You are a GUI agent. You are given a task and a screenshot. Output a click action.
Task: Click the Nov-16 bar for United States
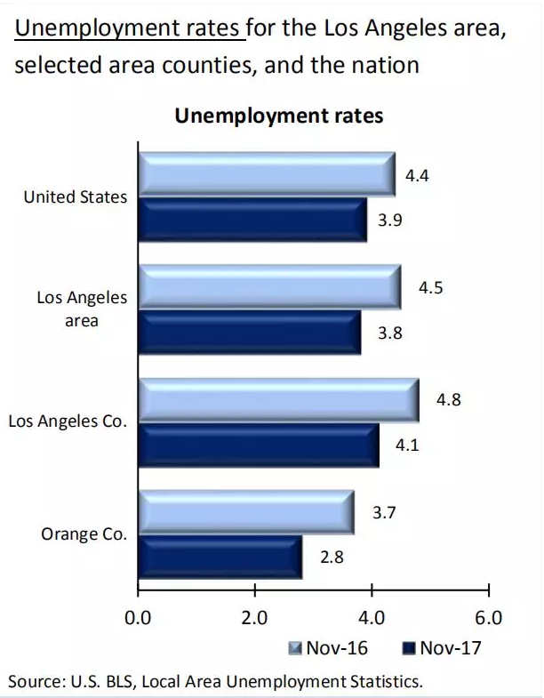coord(266,173)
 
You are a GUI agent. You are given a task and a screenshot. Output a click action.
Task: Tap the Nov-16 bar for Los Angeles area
coord(268,286)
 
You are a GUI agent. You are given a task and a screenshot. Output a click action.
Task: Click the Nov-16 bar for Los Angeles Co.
coord(277,399)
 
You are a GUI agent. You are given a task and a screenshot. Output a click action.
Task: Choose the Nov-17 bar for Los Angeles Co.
coord(258,445)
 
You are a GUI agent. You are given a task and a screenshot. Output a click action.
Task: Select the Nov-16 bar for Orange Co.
coord(245,512)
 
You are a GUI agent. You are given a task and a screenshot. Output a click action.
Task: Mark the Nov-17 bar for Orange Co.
coord(220,558)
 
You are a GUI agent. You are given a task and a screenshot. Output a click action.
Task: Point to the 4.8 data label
coord(448,401)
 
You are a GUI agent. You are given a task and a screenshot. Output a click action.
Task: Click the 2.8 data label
coord(331,558)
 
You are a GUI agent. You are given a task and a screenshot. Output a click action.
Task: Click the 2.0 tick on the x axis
coord(254,617)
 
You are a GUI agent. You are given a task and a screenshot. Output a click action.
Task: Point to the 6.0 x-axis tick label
coord(488,617)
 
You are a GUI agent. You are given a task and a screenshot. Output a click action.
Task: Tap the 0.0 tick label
coord(138,617)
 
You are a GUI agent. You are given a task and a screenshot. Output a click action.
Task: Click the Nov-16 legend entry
coord(328,647)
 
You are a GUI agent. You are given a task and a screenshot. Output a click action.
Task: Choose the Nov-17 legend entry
coord(442,647)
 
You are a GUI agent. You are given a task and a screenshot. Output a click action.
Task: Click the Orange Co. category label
coord(84,534)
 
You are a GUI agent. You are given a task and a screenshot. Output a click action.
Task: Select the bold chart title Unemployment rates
coord(279,116)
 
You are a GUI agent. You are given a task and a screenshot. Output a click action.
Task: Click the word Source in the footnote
coord(33,681)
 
